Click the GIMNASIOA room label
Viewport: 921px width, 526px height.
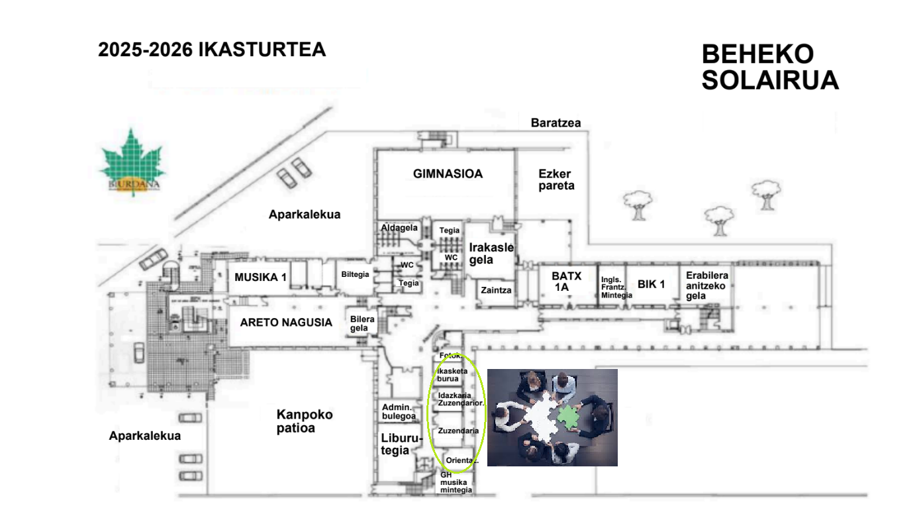pos(448,174)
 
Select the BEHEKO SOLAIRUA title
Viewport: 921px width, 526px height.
pos(770,68)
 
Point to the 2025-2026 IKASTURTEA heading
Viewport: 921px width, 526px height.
pos(212,50)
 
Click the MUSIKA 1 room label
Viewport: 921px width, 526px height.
pos(260,277)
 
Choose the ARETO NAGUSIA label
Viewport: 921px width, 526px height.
pos(286,323)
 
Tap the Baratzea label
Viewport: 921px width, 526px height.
pos(556,123)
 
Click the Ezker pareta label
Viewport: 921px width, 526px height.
pos(555,180)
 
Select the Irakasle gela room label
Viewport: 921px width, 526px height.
pos(491,253)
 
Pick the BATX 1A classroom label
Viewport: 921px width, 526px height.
pos(566,282)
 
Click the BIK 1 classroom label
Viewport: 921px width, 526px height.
pos(651,284)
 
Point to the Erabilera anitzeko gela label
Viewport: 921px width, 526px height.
pos(707,286)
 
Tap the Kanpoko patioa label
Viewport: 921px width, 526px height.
pos(305,421)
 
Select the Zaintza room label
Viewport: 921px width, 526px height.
pos(496,290)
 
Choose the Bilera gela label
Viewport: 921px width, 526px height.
pos(363,324)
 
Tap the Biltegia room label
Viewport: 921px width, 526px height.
pos(355,274)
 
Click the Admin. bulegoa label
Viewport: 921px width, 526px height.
pos(399,411)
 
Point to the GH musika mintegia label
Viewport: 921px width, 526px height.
pos(456,482)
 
